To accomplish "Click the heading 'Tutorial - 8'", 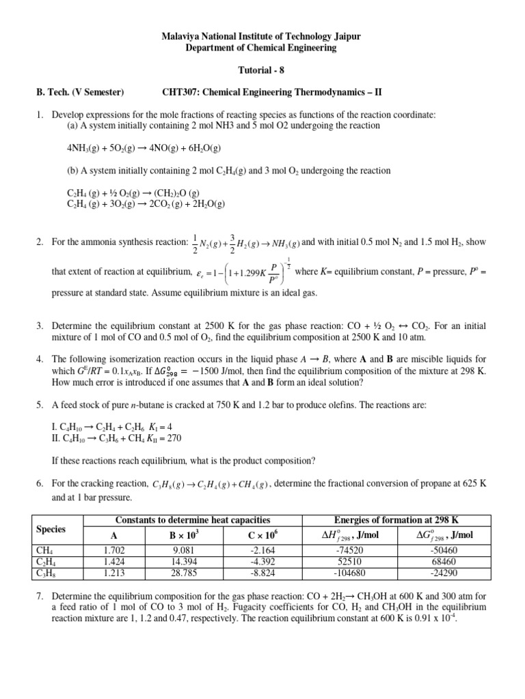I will click(x=262, y=69).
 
